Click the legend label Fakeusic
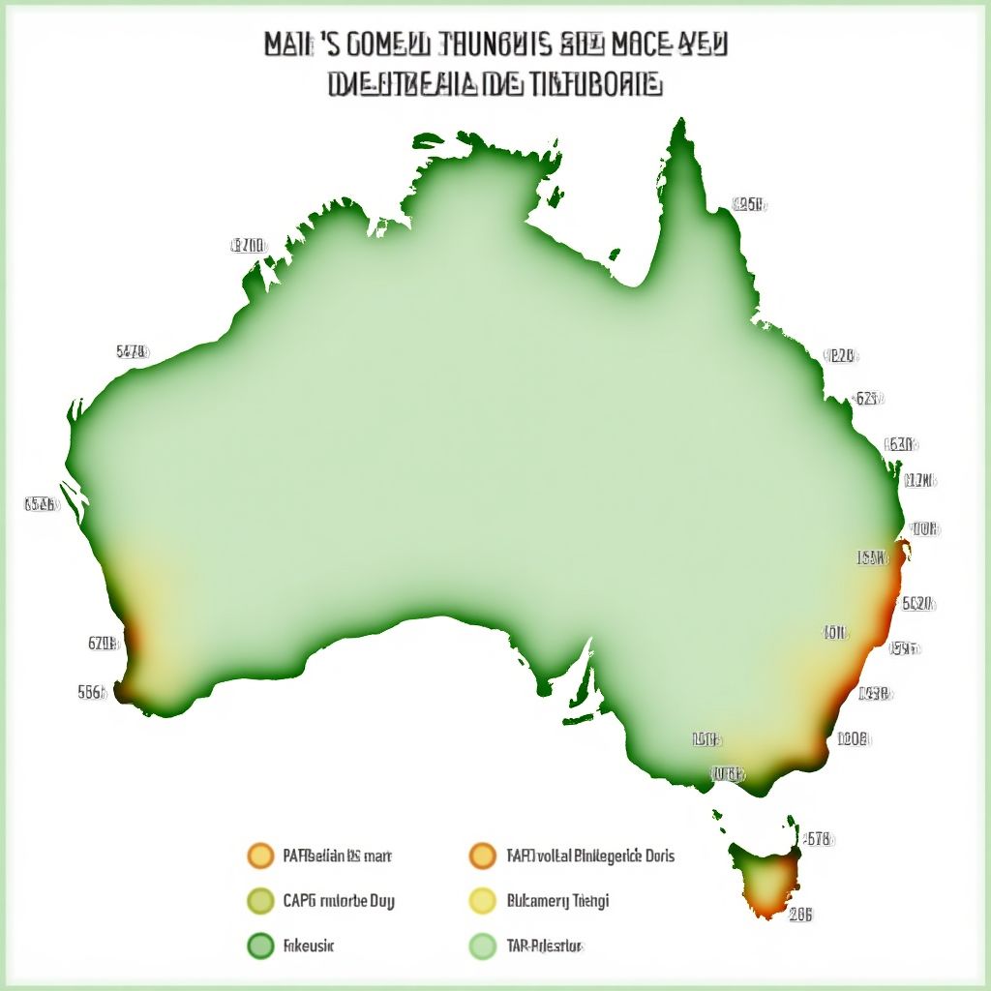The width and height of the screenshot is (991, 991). pos(309,946)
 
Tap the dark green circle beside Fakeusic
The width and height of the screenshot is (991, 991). pos(260,946)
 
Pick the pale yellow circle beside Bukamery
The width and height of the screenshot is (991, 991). pos(482,901)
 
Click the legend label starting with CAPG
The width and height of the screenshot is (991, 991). pos(339,901)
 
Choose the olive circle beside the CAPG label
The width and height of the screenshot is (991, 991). pos(260,901)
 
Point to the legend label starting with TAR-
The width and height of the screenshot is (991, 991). pos(545,946)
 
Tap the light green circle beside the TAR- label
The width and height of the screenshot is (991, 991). pos(482,946)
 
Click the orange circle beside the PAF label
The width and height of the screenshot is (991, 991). pos(260,856)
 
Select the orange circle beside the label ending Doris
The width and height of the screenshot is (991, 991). pos(482,856)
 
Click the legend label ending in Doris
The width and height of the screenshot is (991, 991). pos(590,856)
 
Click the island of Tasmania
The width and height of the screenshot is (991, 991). pos(766,876)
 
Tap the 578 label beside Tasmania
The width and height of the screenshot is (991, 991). pos(818,839)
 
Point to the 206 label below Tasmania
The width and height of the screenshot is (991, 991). pos(800,915)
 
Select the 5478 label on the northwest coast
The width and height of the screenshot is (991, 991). pos(132,352)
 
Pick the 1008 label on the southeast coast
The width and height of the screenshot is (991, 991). pos(853,738)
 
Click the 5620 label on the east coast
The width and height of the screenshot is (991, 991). pos(916,603)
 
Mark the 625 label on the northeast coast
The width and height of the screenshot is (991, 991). pos(867,398)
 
